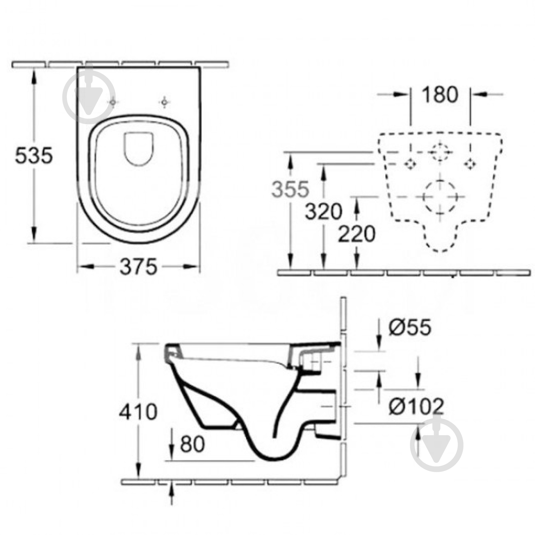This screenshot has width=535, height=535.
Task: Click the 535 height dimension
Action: coord(34,155)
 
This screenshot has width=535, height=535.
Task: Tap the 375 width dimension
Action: coord(138,266)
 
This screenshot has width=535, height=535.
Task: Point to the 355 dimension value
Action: coord(290,189)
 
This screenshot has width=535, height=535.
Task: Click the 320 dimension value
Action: coord(324,211)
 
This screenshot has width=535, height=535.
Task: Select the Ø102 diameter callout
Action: coord(416,406)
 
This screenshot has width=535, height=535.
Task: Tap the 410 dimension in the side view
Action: coord(138,412)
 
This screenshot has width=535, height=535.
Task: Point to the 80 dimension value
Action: coord(192,444)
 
